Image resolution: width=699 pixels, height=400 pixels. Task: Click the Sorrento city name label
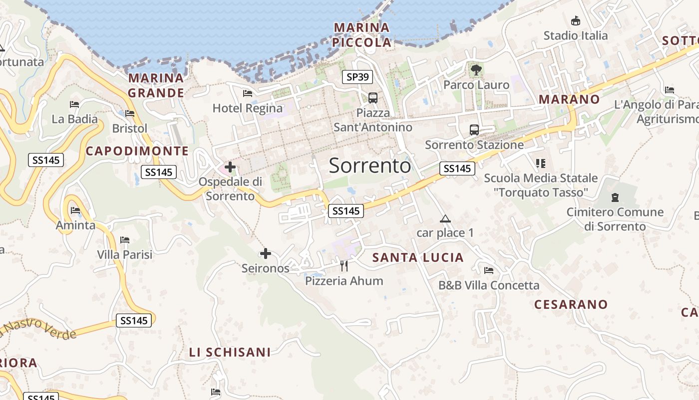pyautogui.click(x=370, y=165)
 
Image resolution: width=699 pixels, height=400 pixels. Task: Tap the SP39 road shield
pyautogui.click(x=357, y=76)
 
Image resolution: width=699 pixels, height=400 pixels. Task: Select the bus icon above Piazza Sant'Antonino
pyautogui.click(x=373, y=97)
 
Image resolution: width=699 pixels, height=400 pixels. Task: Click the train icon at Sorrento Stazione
pyautogui.click(x=474, y=130)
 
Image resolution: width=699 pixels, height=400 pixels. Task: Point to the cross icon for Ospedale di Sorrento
pyautogui.click(x=230, y=166)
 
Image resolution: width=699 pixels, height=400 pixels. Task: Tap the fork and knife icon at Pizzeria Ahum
pyautogui.click(x=344, y=265)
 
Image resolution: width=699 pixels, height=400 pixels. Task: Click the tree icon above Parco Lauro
pyautogui.click(x=476, y=69)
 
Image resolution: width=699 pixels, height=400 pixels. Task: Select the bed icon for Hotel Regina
pyautogui.click(x=248, y=93)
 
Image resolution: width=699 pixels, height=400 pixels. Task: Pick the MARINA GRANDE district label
pyautogui.click(x=156, y=85)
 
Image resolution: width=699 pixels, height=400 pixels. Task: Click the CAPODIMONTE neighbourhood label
pyautogui.click(x=137, y=151)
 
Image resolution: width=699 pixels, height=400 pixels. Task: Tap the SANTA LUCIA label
pyautogui.click(x=418, y=257)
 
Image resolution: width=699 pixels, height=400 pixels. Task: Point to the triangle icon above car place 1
pyautogui.click(x=445, y=218)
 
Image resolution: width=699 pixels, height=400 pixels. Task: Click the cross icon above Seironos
pyautogui.click(x=266, y=254)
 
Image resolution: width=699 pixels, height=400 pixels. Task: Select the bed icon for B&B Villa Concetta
pyautogui.click(x=489, y=270)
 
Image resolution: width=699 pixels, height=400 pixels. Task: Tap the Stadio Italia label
pyautogui.click(x=576, y=35)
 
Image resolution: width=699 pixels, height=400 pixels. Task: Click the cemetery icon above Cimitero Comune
pyautogui.click(x=615, y=197)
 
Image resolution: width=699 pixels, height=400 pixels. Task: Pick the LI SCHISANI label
pyautogui.click(x=230, y=352)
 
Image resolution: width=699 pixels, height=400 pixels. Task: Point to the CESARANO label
pyautogui.click(x=571, y=304)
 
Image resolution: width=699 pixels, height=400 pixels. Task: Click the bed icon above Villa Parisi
pyautogui.click(x=125, y=240)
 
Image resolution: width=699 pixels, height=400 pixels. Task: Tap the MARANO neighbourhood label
pyautogui.click(x=569, y=99)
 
